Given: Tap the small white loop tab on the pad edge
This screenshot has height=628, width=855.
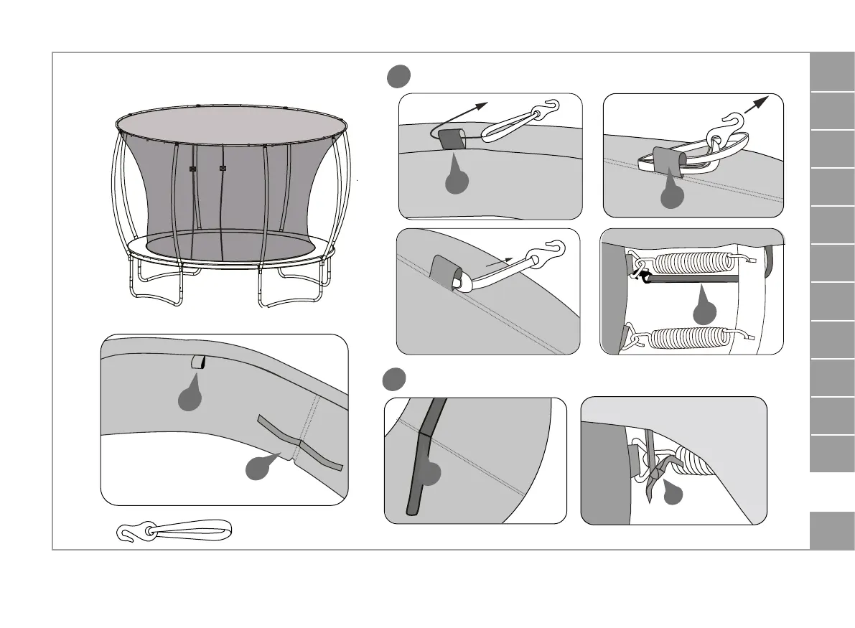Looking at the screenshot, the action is pyautogui.click(x=197, y=363).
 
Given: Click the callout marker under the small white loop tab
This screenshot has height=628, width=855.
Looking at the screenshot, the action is pyautogui.click(x=189, y=396).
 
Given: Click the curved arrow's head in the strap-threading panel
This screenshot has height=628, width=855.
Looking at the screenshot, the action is pyautogui.click(x=482, y=106).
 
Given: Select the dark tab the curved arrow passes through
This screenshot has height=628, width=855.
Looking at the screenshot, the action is pyautogui.click(x=451, y=138).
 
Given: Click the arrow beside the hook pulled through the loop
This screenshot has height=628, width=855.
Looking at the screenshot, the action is pyautogui.click(x=762, y=103).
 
